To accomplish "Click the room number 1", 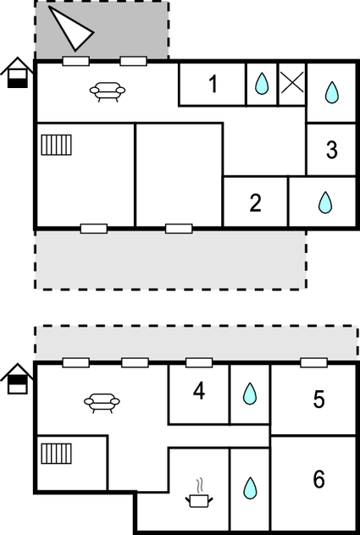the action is pyautogui.click(x=213, y=84).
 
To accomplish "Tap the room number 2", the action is pyautogui.click(x=256, y=202).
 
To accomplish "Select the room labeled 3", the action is pyautogui.click(x=332, y=150).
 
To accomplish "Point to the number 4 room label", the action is pyautogui.click(x=199, y=391).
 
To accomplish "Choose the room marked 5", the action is pyautogui.click(x=318, y=400).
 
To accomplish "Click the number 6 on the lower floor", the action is pyautogui.click(x=318, y=479).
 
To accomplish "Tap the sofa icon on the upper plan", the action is pyautogui.click(x=108, y=91).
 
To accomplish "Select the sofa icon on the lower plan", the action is pyautogui.click(x=102, y=403).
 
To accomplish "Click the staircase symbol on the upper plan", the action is pyautogui.click(x=57, y=145).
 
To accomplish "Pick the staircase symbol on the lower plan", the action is pyautogui.click(x=57, y=454).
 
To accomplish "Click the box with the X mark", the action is pyautogui.click(x=292, y=83).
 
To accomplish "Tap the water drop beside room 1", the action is pyautogui.click(x=262, y=84).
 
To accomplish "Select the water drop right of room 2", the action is pyautogui.click(x=325, y=202).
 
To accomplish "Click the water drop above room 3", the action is pyautogui.click(x=332, y=92).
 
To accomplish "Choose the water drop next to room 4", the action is pyautogui.click(x=250, y=394).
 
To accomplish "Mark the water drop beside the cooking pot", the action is pyautogui.click(x=250, y=488).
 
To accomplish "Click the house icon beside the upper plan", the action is pyautogui.click(x=17, y=73).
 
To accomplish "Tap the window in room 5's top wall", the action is pyautogui.click(x=313, y=362).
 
